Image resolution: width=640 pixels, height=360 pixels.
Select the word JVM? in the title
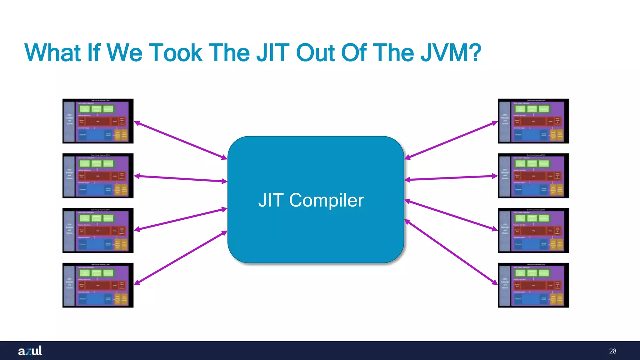click(x=450, y=53)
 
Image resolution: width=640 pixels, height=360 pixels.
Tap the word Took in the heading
click(x=176, y=53)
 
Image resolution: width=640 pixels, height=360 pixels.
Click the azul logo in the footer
click(x=30, y=351)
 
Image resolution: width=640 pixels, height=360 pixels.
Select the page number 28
click(x=612, y=351)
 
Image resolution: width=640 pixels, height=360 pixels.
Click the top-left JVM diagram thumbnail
click(x=98, y=121)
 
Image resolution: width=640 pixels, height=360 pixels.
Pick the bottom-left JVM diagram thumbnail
click(x=98, y=285)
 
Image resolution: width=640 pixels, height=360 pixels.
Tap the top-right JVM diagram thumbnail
click(x=533, y=121)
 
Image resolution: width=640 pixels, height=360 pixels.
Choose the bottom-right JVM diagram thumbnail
click(x=533, y=285)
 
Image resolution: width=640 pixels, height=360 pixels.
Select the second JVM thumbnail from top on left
click(x=98, y=176)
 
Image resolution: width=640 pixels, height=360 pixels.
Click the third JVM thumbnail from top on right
click(x=533, y=230)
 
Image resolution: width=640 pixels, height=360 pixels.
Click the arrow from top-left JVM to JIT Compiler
click(x=181, y=140)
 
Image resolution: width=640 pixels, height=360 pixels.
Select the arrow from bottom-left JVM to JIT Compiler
click(x=181, y=257)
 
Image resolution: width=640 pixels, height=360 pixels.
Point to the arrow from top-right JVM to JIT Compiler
click(x=451, y=140)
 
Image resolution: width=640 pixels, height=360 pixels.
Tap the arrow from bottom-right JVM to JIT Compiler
click(x=451, y=252)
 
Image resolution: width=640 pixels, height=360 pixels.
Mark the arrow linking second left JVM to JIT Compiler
click(x=181, y=179)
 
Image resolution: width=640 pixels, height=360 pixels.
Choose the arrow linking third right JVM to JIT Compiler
click(x=451, y=215)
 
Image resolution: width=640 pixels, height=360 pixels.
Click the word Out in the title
click(x=316, y=53)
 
